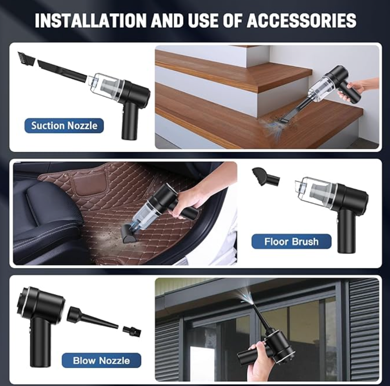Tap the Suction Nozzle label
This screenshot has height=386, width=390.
(x=64, y=126)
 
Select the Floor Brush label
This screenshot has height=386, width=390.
(x=292, y=242)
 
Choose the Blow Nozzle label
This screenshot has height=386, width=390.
(x=101, y=360)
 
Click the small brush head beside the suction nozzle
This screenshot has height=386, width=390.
(x=26, y=59)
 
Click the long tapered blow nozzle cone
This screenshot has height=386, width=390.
(x=93, y=318)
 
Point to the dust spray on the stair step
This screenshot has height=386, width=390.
(x=271, y=126)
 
